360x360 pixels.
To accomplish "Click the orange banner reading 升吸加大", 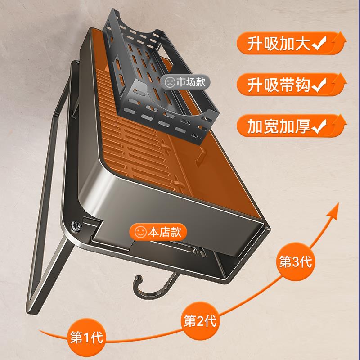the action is pyautogui.click(x=288, y=44).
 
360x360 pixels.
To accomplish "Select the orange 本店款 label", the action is pyautogui.click(x=158, y=233).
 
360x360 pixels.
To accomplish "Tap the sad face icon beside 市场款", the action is pyautogui.click(x=170, y=82).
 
